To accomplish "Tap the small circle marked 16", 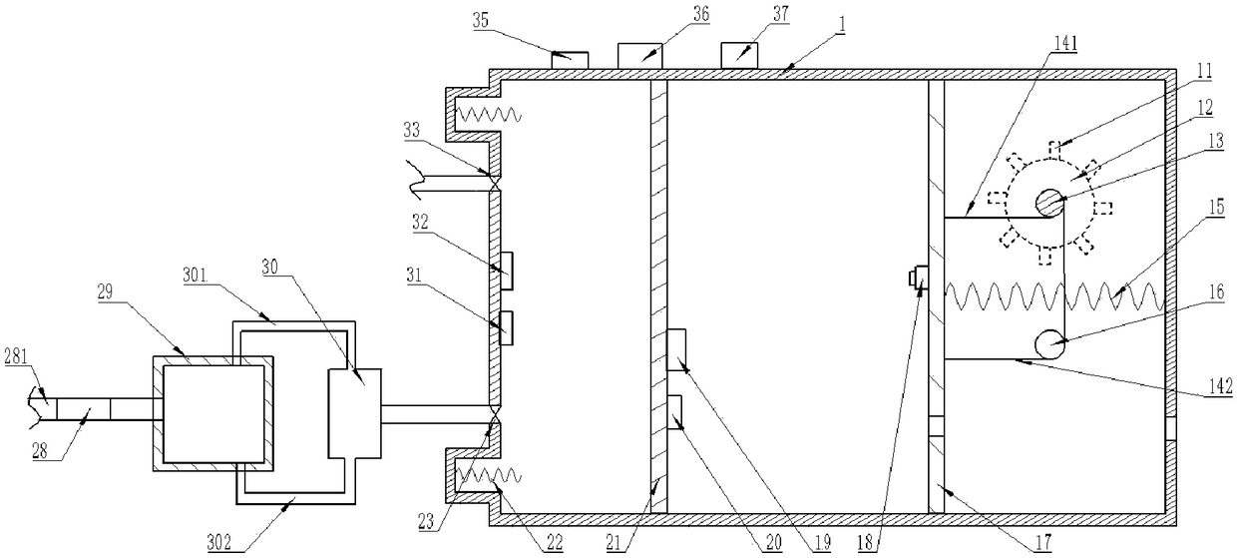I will pos(1048,344).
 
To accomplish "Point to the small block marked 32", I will pos(506,269).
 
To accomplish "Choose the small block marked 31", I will pos(506,326).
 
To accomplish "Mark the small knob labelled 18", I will pos(922,279).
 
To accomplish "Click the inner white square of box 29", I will pos(214,413).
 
